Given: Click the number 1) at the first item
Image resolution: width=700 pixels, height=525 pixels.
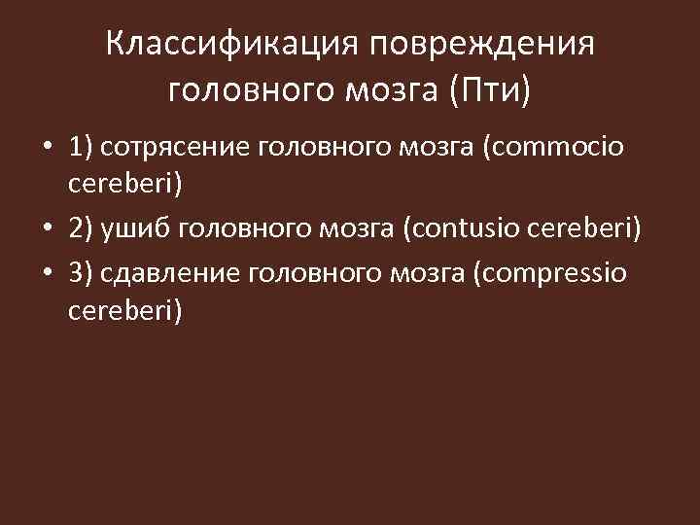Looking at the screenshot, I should [x=81, y=147].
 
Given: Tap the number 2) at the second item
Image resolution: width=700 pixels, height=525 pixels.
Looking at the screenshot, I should [x=81, y=229].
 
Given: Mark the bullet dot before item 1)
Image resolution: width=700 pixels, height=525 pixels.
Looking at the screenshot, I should [x=47, y=148].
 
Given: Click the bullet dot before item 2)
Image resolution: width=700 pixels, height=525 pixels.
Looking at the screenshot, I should [x=47, y=230].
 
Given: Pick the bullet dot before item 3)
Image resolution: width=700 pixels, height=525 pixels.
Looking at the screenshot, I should [x=47, y=273].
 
